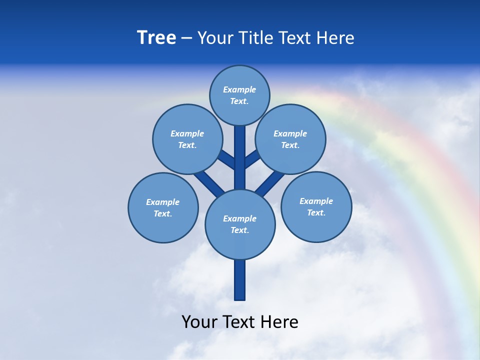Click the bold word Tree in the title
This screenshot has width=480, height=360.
click(156, 38)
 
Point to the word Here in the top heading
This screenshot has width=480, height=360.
click(335, 38)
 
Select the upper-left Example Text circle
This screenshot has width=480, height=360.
click(187, 139)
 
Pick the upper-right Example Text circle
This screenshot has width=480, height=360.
click(290, 139)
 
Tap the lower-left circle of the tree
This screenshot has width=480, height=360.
click(163, 207)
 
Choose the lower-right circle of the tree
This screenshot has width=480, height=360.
click(316, 206)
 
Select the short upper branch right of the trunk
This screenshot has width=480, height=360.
click(252, 159)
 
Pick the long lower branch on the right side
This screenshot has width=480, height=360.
click(270, 183)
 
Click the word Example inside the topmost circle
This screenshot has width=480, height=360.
click(239, 89)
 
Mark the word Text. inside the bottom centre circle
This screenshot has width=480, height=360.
click(239, 230)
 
